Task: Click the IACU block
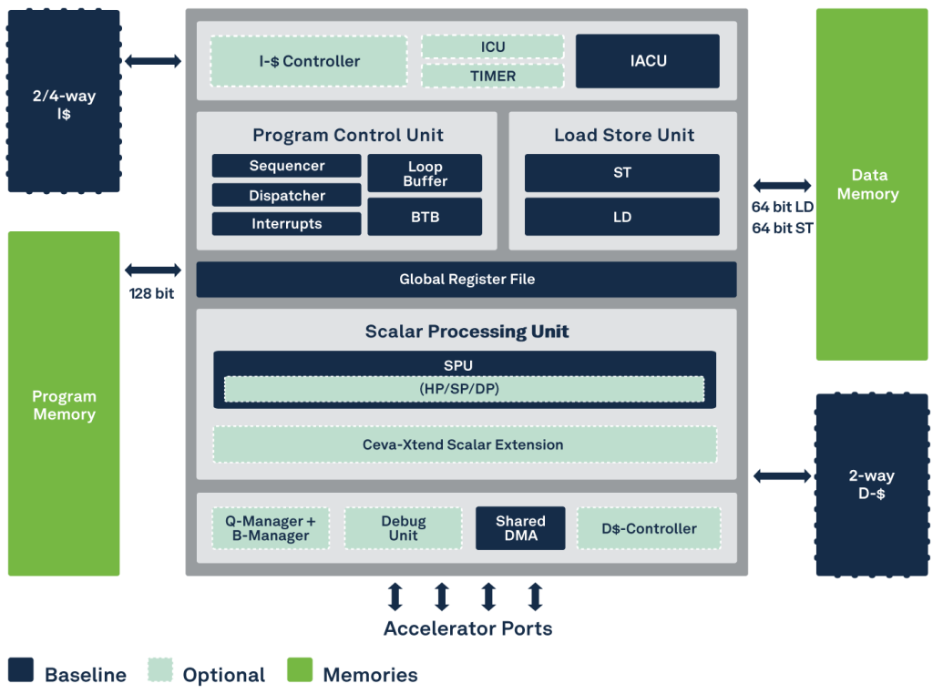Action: pos(648,61)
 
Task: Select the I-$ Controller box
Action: pos(309,61)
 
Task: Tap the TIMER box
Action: pos(493,77)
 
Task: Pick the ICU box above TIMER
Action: pos(493,46)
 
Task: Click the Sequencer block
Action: pos(286,166)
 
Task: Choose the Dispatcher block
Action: pos(286,195)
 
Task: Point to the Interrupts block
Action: pos(286,224)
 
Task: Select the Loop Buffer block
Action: pos(425,173)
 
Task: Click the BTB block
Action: pos(425,217)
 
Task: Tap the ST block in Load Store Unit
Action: pos(621,173)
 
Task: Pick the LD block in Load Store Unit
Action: pos(621,217)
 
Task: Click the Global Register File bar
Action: pos(466,280)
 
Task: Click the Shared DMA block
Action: pos(520,528)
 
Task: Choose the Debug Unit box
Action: pos(403,528)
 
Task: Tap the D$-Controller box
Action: pos(649,528)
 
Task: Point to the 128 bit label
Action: pos(151,293)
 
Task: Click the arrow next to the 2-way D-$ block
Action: pos(782,475)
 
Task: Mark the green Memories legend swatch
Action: pos(300,669)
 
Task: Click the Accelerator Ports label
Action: pos(467,628)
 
